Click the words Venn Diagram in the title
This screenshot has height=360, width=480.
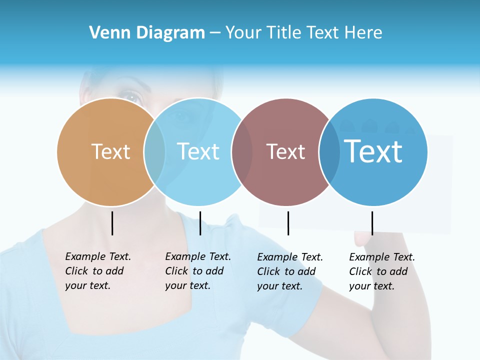147,33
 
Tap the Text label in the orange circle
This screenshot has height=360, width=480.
111,151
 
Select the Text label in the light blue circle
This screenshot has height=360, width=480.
198,151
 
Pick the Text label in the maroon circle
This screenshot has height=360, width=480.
285,151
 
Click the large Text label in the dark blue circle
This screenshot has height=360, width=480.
373,151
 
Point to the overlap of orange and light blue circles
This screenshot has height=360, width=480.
154,151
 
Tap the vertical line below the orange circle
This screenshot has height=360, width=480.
112,223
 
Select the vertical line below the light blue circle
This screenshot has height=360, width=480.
200,223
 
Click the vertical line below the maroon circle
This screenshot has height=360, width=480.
288,223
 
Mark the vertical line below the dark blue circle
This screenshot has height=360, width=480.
372,223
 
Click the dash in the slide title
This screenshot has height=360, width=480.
215,33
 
